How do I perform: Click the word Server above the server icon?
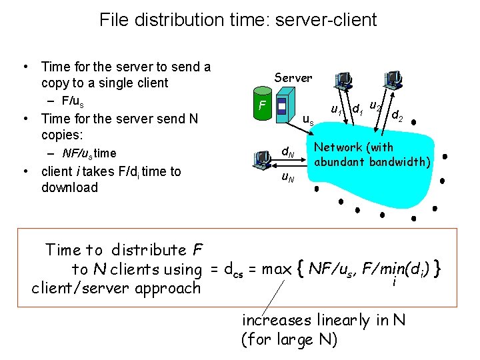point(293,78)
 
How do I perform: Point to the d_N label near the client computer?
point(287,153)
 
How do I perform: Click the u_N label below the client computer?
point(287,177)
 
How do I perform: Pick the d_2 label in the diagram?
point(397,116)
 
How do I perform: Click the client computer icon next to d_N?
point(263,159)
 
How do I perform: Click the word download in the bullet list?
point(69,187)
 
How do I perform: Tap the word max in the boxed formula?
point(276,269)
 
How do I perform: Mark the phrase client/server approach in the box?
point(117,288)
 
